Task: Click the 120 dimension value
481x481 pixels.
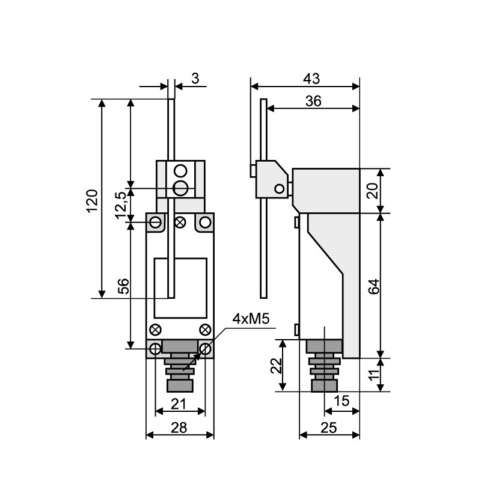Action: coord(92,201)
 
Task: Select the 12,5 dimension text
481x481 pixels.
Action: coord(121,205)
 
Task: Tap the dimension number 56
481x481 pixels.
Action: coord(124,286)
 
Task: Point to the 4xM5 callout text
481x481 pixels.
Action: coord(251,319)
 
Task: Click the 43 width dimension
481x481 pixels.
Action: coord(311,79)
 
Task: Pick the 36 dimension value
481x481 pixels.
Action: coord(313,101)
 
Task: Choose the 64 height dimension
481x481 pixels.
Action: coord(373,287)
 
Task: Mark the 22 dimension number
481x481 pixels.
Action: coord(276,366)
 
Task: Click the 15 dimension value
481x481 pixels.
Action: coord(341,400)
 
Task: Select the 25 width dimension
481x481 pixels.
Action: coord(328,427)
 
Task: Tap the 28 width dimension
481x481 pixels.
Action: coord(179,427)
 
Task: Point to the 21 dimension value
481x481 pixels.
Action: coord(178,404)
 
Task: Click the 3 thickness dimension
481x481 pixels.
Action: coord(195,79)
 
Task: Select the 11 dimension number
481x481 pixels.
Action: coord(373,375)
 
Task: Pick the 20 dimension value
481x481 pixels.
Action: coord(373,191)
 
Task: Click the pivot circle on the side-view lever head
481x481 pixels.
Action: coord(279,189)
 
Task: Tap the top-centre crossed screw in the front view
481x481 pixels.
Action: coord(180,222)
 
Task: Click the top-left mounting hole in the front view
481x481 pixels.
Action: coord(156,222)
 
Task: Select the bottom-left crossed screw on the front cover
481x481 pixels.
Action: coord(155,330)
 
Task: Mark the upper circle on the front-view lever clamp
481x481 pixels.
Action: coord(180,171)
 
